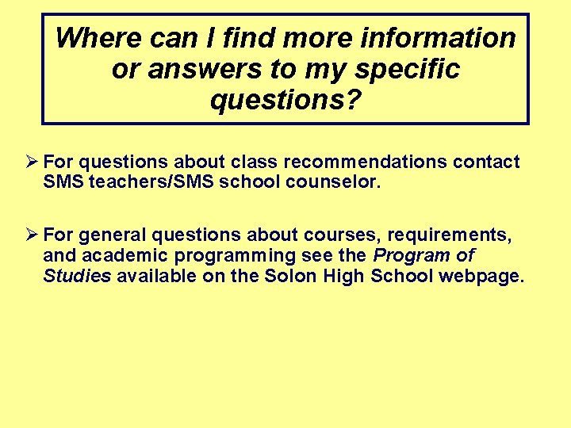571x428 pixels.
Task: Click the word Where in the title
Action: [94, 37]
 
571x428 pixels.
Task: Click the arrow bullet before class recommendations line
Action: [32, 162]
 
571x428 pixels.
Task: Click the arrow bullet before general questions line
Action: [32, 235]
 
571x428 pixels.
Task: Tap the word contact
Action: [486, 162]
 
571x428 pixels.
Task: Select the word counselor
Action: [337, 182]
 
